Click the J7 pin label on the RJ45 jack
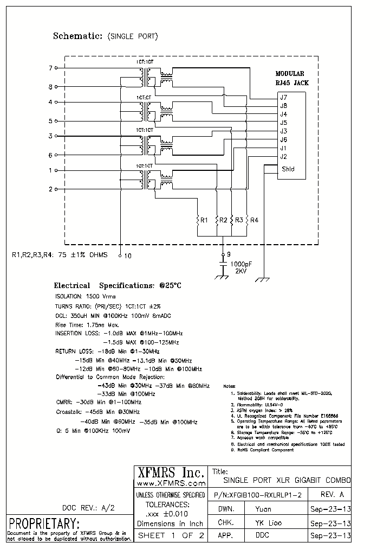(x=283, y=97)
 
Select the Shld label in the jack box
(x=288, y=169)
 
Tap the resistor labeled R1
(x=198, y=220)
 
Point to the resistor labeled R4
(x=248, y=220)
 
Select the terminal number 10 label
(x=128, y=254)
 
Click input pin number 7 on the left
(x=50, y=68)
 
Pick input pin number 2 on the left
(x=50, y=189)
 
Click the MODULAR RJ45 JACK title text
(x=290, y=79)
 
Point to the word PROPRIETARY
(x=44, y=524)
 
